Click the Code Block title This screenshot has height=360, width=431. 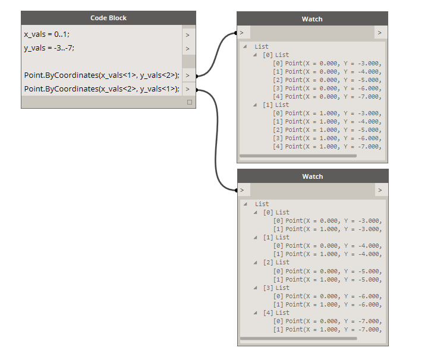tap(108, 18)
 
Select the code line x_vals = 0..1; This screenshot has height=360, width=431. tap(47, 34)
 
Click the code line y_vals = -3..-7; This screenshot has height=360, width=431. tap(49, 48)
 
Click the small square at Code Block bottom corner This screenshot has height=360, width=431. tap(190, 102)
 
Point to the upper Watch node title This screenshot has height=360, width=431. tap(312, 19)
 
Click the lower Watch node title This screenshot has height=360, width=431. tap(313, 176)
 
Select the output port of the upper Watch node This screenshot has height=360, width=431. tap(380, 33)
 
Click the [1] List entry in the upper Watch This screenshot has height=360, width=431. tap(276, 105)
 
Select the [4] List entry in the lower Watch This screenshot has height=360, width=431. tap(276, 312)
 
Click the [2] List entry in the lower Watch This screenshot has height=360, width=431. tap(276, 262)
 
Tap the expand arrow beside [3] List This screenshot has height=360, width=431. tap(256, 288)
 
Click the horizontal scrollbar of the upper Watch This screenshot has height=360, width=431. tap(298, 156)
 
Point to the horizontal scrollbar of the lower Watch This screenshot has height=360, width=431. tap(298, 339)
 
